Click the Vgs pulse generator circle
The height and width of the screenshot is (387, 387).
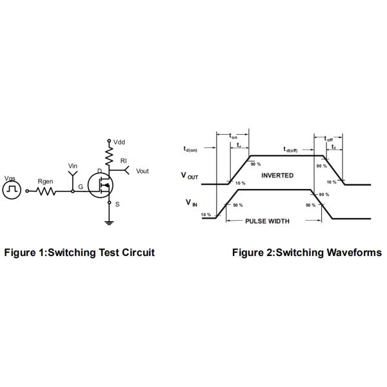tap(12, 190)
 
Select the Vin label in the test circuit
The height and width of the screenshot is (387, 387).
tap(73, 166)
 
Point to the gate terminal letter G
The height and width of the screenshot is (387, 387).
tap(80, 187)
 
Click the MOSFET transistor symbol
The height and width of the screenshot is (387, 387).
tap(102, 184)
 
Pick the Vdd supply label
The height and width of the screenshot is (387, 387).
tap(119, 141)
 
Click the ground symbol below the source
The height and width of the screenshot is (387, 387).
tap(108, 223)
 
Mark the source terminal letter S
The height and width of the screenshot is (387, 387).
tap(117, 204)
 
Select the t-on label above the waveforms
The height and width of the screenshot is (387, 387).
tap(233, 136)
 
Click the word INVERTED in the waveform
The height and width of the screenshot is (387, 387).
tap(277, 175)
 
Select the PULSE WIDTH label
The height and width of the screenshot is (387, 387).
tap(268, 221)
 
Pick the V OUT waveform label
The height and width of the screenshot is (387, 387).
tap(189, 175)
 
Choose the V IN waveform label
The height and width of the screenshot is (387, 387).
tap(192, 203)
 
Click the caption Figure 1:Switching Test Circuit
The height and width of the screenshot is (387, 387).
tap(79, 252)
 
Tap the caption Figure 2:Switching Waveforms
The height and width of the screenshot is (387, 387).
tap(306, 252)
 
